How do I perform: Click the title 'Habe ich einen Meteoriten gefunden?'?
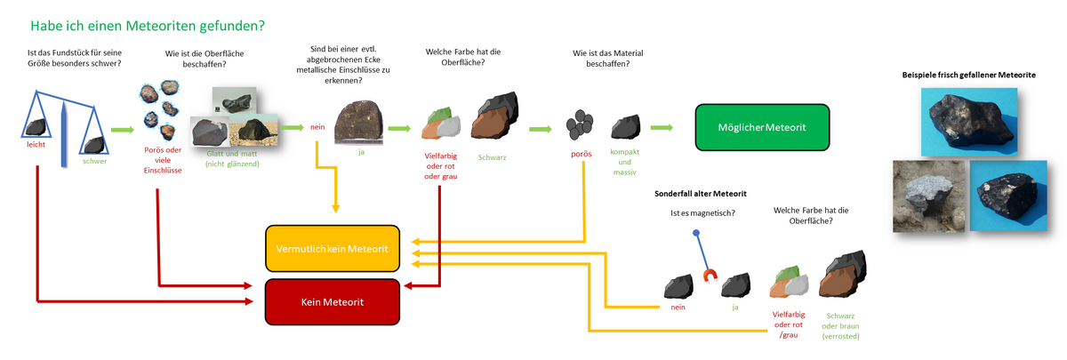[147, 27]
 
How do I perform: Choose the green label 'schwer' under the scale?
[94, 161]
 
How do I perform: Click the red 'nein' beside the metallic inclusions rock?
[317, 127]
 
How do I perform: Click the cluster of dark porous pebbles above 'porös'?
[581, 125]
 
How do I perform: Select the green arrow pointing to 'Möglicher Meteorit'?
[661, 127]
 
